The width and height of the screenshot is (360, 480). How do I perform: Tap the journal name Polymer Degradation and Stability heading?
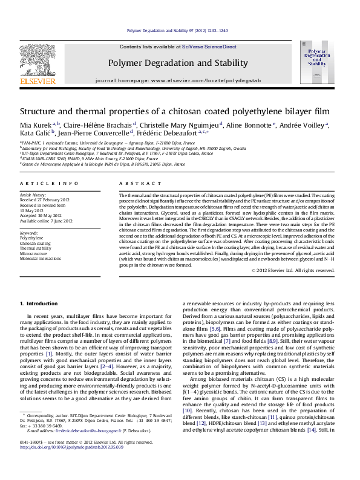point(178,63)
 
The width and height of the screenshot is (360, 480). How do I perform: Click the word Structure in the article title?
point(37,112)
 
